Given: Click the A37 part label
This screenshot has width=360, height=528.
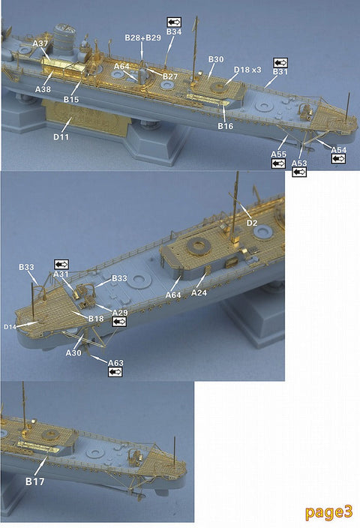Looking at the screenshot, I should [41, 44].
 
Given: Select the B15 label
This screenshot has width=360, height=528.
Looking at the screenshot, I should [71, 99].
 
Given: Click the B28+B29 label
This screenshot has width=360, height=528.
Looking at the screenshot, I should [142, 37].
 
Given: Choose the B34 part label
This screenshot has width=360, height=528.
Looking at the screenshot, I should [174, 32].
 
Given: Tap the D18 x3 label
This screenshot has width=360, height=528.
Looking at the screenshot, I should [247, 70].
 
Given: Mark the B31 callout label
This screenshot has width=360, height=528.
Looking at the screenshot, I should [280, 72].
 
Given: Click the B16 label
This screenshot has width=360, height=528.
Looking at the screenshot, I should [226, 127].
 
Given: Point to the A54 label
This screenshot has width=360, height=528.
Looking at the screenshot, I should [339, 150].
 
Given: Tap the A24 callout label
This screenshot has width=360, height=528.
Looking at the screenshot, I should [199, 292].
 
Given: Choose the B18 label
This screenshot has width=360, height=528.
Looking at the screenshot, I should [96, 319].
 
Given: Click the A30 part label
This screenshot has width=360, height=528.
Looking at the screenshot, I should [73, 352].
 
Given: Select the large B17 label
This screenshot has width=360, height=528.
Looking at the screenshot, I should [34, 481].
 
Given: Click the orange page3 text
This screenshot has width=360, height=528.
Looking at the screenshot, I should [328, 512].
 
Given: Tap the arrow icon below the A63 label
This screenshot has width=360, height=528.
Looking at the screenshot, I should [115, 373].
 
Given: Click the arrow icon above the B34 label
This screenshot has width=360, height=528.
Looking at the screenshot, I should [174, 22].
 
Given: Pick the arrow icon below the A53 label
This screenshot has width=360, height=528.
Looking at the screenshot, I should [299, 172].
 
